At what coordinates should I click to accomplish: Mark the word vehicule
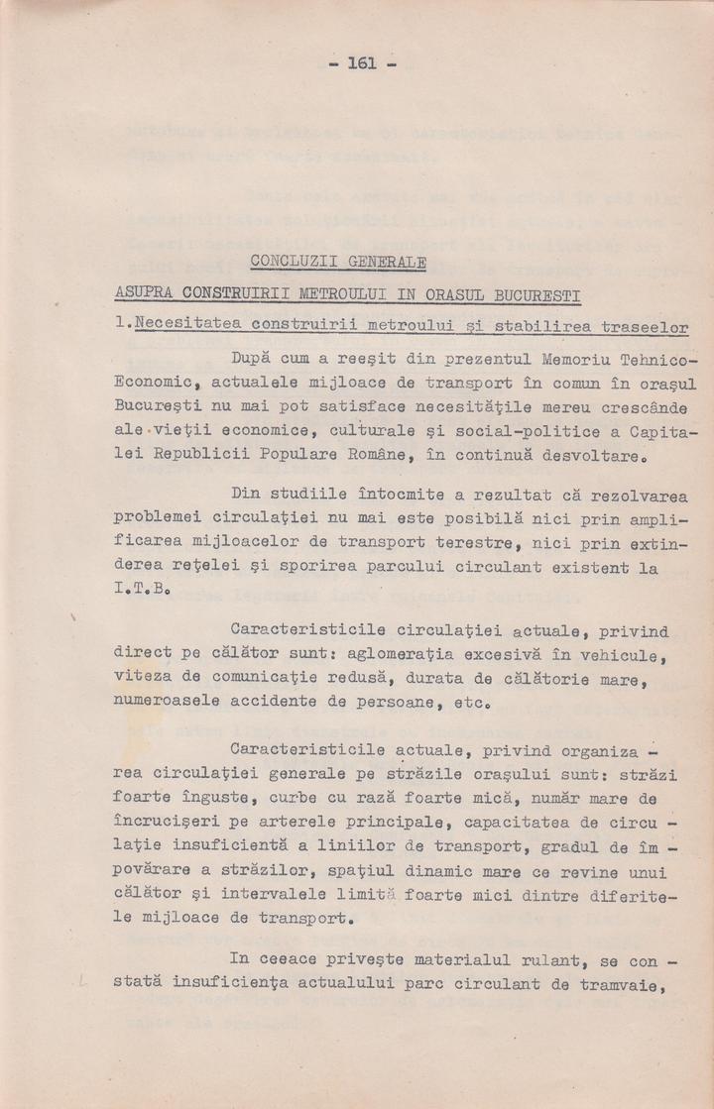[x=613, y=655]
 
